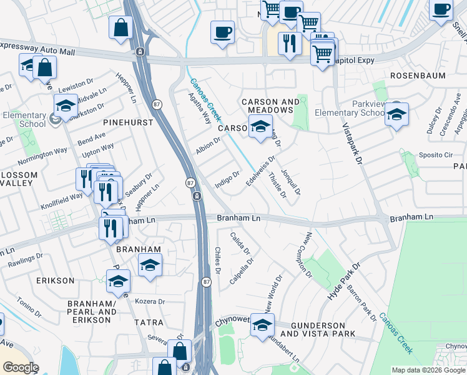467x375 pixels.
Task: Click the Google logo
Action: point(21,367)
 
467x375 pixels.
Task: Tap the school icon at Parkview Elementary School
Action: point(396,114)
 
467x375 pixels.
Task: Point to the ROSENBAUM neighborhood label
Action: point(418,76)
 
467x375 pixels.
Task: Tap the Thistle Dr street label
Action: point(277,186)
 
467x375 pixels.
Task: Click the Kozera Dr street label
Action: point(149,301)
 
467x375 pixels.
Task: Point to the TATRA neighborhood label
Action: point(149,322)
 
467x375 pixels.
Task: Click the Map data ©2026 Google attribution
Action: point(428,370)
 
